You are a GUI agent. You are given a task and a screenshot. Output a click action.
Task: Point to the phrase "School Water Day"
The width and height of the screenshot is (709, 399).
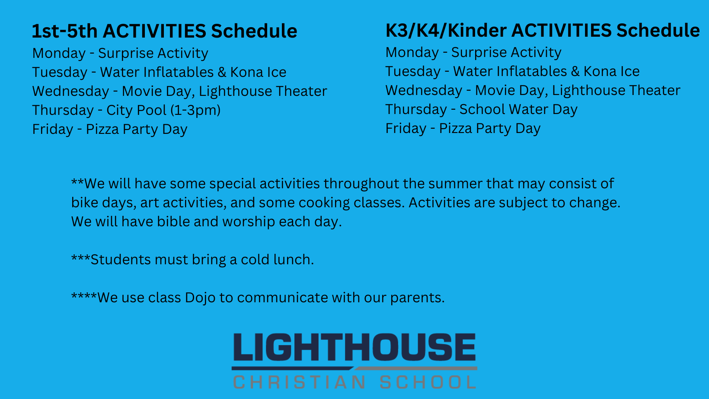[518, 109]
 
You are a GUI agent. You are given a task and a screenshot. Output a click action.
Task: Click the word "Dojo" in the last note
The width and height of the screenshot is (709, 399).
[200, 298]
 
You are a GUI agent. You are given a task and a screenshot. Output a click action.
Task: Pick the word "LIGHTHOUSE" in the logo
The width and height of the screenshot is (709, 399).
[354, 347]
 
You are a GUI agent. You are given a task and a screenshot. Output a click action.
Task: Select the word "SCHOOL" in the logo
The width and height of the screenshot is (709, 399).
[428, 382]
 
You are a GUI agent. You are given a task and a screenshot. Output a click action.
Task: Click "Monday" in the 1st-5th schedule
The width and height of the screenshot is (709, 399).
[59, 53]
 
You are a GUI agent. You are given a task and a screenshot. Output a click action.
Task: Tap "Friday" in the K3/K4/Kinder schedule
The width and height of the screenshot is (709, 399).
[406, 128]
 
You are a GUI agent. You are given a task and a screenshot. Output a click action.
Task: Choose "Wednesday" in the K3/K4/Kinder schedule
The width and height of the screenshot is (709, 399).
[424, 90]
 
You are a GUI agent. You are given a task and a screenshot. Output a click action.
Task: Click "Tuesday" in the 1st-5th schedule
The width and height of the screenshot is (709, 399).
[60, 72]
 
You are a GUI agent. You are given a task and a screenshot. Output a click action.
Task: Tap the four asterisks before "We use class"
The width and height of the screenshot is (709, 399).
[84, 296]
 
